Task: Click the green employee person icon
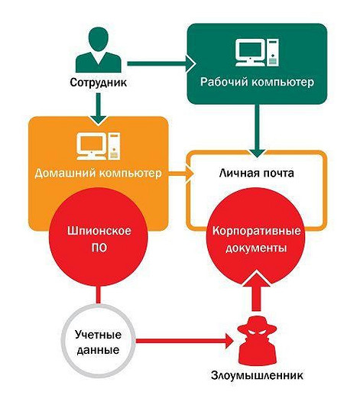[x=99, y=50]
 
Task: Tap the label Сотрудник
[x=99, y=82]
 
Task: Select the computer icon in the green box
[x=255, y=53]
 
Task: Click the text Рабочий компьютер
[x=255, y=82]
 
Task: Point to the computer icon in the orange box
[x=99, y=145]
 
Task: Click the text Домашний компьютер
[x=99, y=174]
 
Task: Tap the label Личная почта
[x=257, y=174]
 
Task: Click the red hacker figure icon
[x=257, y=344]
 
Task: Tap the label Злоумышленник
[x=257, y=376]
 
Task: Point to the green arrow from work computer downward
[x=257, y=126]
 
